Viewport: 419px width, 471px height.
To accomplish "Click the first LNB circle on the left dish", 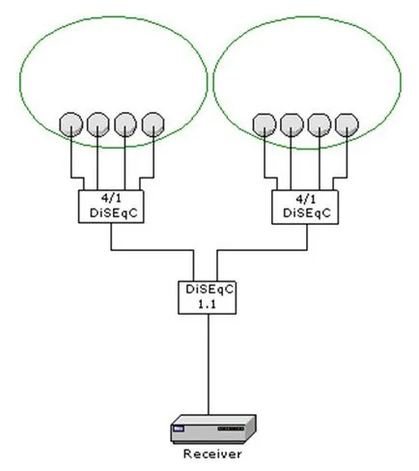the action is pos(70,124).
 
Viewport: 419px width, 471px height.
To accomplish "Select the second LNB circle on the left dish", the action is pos(98,124).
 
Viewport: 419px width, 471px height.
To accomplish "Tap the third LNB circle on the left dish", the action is pos(126,124).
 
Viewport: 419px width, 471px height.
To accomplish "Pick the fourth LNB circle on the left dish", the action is pos(154,124).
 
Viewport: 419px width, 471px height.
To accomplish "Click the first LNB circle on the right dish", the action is pos(265,125).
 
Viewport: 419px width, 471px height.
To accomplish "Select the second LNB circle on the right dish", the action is pos(292,125).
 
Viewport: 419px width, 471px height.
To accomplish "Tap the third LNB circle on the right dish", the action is pos(320,125).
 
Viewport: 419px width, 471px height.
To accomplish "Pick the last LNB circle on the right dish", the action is pos(347,125).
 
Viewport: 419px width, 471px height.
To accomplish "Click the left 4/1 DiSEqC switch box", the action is pos(111,207).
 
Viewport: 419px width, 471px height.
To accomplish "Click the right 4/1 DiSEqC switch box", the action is pos(305,207).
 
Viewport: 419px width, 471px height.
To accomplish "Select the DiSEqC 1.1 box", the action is pos(208,297).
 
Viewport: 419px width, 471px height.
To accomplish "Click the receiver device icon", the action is pos(213,429).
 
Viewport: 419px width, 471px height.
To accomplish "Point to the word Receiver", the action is pos(212,454).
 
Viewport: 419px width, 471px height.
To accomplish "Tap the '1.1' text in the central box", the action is pos(207,304).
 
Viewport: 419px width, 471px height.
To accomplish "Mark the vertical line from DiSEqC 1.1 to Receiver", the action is pos(209,364).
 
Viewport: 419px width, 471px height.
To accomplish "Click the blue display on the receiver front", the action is pos(178,429).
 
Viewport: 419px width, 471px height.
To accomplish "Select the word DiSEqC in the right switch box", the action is pos(307,213).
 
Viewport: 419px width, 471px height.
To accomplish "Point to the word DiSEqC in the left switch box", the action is pos(113,213).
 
